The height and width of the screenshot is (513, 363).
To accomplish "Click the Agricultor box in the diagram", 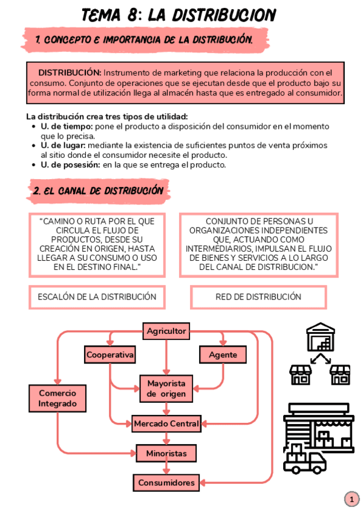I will click(x=166, y=331).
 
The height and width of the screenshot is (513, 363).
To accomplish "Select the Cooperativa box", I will click(x=110, y=355).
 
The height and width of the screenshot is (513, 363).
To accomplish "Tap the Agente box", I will click(x=223, y=355).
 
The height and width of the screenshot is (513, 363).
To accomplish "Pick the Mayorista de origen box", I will click(x=166, y=388).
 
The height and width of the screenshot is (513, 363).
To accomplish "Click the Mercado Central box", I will click(x=166, y=423).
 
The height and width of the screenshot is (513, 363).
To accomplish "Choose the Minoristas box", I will click(x=166, y=453).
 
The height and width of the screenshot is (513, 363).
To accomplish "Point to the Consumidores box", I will click(x=166, y=482).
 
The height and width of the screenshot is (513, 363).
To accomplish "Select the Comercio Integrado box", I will click(x=57, y=397).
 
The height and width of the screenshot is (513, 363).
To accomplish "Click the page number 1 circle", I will click(x=352, y=500).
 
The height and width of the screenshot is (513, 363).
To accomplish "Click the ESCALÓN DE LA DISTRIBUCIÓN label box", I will click(x=97, y=297).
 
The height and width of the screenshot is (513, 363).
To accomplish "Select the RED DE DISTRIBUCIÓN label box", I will click(x=258, y=297).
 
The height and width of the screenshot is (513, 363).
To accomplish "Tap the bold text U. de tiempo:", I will click(x=67, y=126).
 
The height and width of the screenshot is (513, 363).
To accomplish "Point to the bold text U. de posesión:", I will click(x=70, y=165).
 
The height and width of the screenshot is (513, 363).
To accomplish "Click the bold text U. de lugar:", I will click(x=64, y=146).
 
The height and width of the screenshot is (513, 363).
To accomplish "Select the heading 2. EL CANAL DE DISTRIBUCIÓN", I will click(x=99, y=191).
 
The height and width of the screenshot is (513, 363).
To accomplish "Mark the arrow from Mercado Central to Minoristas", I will click(x=166, y=439).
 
